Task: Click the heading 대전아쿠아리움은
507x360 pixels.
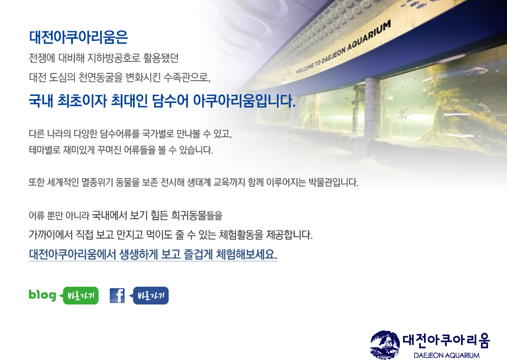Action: (x=78, y=37)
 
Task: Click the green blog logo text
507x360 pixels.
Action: (x=43, y=295)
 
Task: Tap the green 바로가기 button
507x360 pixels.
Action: (x=80, y=295)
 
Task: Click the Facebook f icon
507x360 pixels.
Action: (x=117, y=295)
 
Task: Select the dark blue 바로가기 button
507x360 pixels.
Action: (x=150, y=295)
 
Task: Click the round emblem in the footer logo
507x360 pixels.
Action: (x=385, y=344)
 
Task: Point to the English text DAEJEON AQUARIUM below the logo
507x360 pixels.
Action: (x=447, y=355)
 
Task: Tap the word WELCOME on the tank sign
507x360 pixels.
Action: (x=305, y=67)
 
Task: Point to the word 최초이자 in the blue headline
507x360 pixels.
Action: (x=82, y=101)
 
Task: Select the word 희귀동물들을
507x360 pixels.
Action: (x=197, y=216)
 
